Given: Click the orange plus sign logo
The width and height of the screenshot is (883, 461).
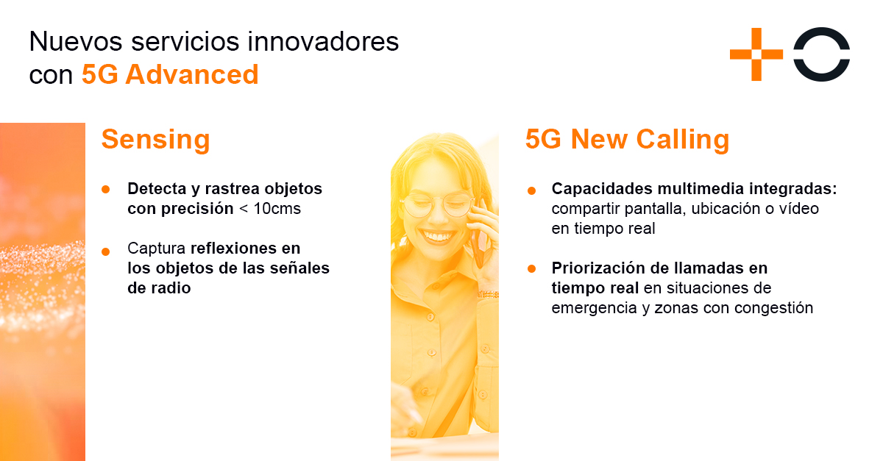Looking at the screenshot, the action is point(756,54).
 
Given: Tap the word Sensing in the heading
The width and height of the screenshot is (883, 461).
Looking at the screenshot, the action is point(156,140).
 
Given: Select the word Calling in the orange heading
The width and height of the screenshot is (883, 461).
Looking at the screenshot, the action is point(682,140).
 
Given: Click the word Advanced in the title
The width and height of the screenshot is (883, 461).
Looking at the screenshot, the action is point(191,74).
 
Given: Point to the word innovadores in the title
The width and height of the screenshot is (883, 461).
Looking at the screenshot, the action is point(323,41).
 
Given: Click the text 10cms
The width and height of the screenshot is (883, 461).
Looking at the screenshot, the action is point(277,208).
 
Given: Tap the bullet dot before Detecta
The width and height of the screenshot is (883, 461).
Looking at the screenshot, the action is point(106,190).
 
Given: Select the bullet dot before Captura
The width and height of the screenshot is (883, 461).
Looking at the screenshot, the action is point(106,251).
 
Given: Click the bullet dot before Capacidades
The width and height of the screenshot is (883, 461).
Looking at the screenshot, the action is point(531,191).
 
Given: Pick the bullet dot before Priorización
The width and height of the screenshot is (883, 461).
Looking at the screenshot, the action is point(531,268).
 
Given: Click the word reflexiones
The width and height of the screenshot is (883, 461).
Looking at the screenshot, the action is point(234,249).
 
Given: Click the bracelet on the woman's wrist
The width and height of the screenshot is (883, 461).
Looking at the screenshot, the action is point(488,294).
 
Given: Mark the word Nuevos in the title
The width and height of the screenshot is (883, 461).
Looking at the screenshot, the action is point(76,41).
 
